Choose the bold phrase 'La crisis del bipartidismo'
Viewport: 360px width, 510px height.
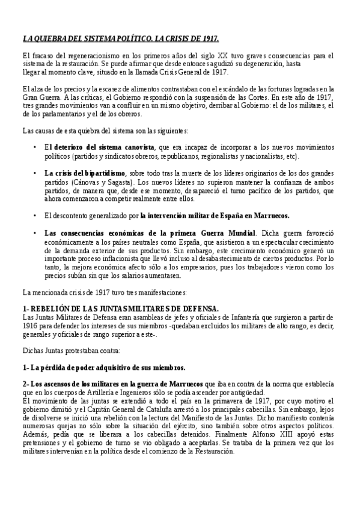point(84,173)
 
